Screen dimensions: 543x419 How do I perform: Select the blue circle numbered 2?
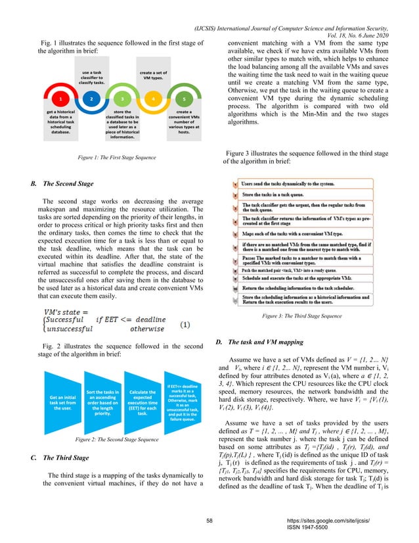(91, 99)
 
